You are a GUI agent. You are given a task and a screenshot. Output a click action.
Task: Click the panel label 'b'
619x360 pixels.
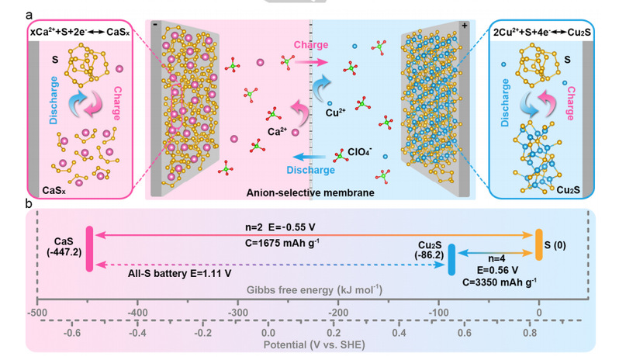coord(28,205)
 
